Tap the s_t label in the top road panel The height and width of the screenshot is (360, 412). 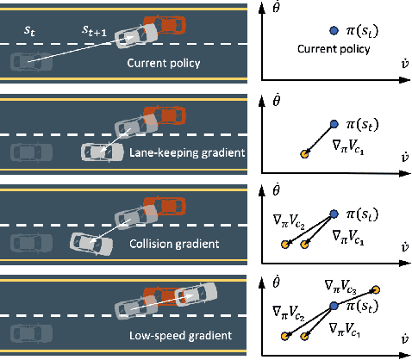click(28, 31)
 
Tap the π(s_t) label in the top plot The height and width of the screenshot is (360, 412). click(365, 33)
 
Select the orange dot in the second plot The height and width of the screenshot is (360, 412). click(303, 154)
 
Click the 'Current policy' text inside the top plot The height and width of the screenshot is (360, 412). click(340, 50)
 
